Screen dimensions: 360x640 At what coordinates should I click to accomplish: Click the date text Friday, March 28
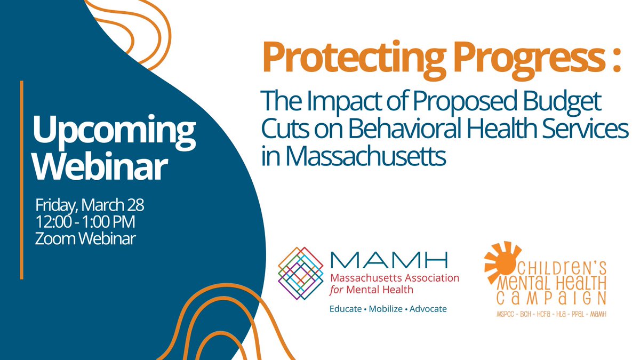pyautogui.click(x=90, y=205)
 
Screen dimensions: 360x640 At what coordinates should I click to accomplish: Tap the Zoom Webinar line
pyautogui.click(x=85, y=239)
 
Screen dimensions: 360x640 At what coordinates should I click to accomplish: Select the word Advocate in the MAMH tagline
pyautogui.click(x=428, y=309)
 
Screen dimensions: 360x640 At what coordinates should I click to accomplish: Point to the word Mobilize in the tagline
pyautogui.click(x=383, y=309)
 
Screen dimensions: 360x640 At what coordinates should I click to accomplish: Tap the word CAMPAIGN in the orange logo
pyautogui.click(x=551, y=298)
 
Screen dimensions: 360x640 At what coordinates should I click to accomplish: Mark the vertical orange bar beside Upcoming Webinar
pyautogui.click(x=22, y=180)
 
